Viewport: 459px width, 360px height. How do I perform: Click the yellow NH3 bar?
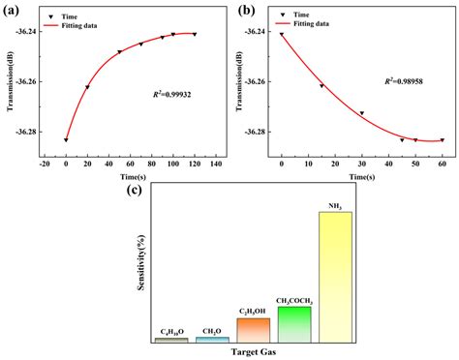(x=336, y=276)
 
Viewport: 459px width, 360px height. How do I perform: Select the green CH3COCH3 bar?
(x=294, y=323)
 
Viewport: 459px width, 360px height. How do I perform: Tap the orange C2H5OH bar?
(x=254, y=329)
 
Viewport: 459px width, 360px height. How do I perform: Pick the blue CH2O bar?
(x=212, y=339)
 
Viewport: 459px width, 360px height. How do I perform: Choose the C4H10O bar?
(x=171, y=339)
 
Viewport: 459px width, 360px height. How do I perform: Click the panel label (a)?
(x=14, y=12)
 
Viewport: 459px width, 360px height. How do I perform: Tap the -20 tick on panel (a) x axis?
(x=45, y=164)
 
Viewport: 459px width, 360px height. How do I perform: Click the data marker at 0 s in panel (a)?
(x=66, y=140)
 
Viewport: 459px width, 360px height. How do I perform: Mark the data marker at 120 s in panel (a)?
(x=195, y=35)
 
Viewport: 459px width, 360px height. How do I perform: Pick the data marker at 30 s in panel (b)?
(x=362, y=113)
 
